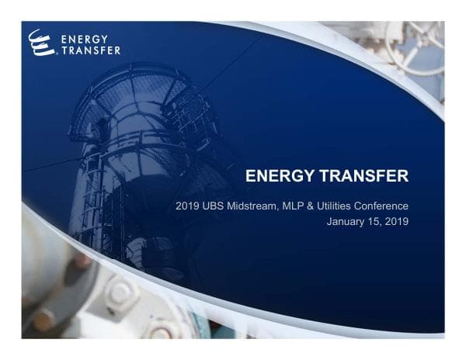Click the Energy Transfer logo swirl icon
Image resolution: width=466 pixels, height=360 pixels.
(40, 42)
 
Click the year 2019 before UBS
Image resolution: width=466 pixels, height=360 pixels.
(189, 206)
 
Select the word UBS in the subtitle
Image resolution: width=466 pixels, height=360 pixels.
(216, 206)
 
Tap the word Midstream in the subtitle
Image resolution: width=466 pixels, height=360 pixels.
(256, 206)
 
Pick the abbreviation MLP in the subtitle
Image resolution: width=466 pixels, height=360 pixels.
(297, 206)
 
